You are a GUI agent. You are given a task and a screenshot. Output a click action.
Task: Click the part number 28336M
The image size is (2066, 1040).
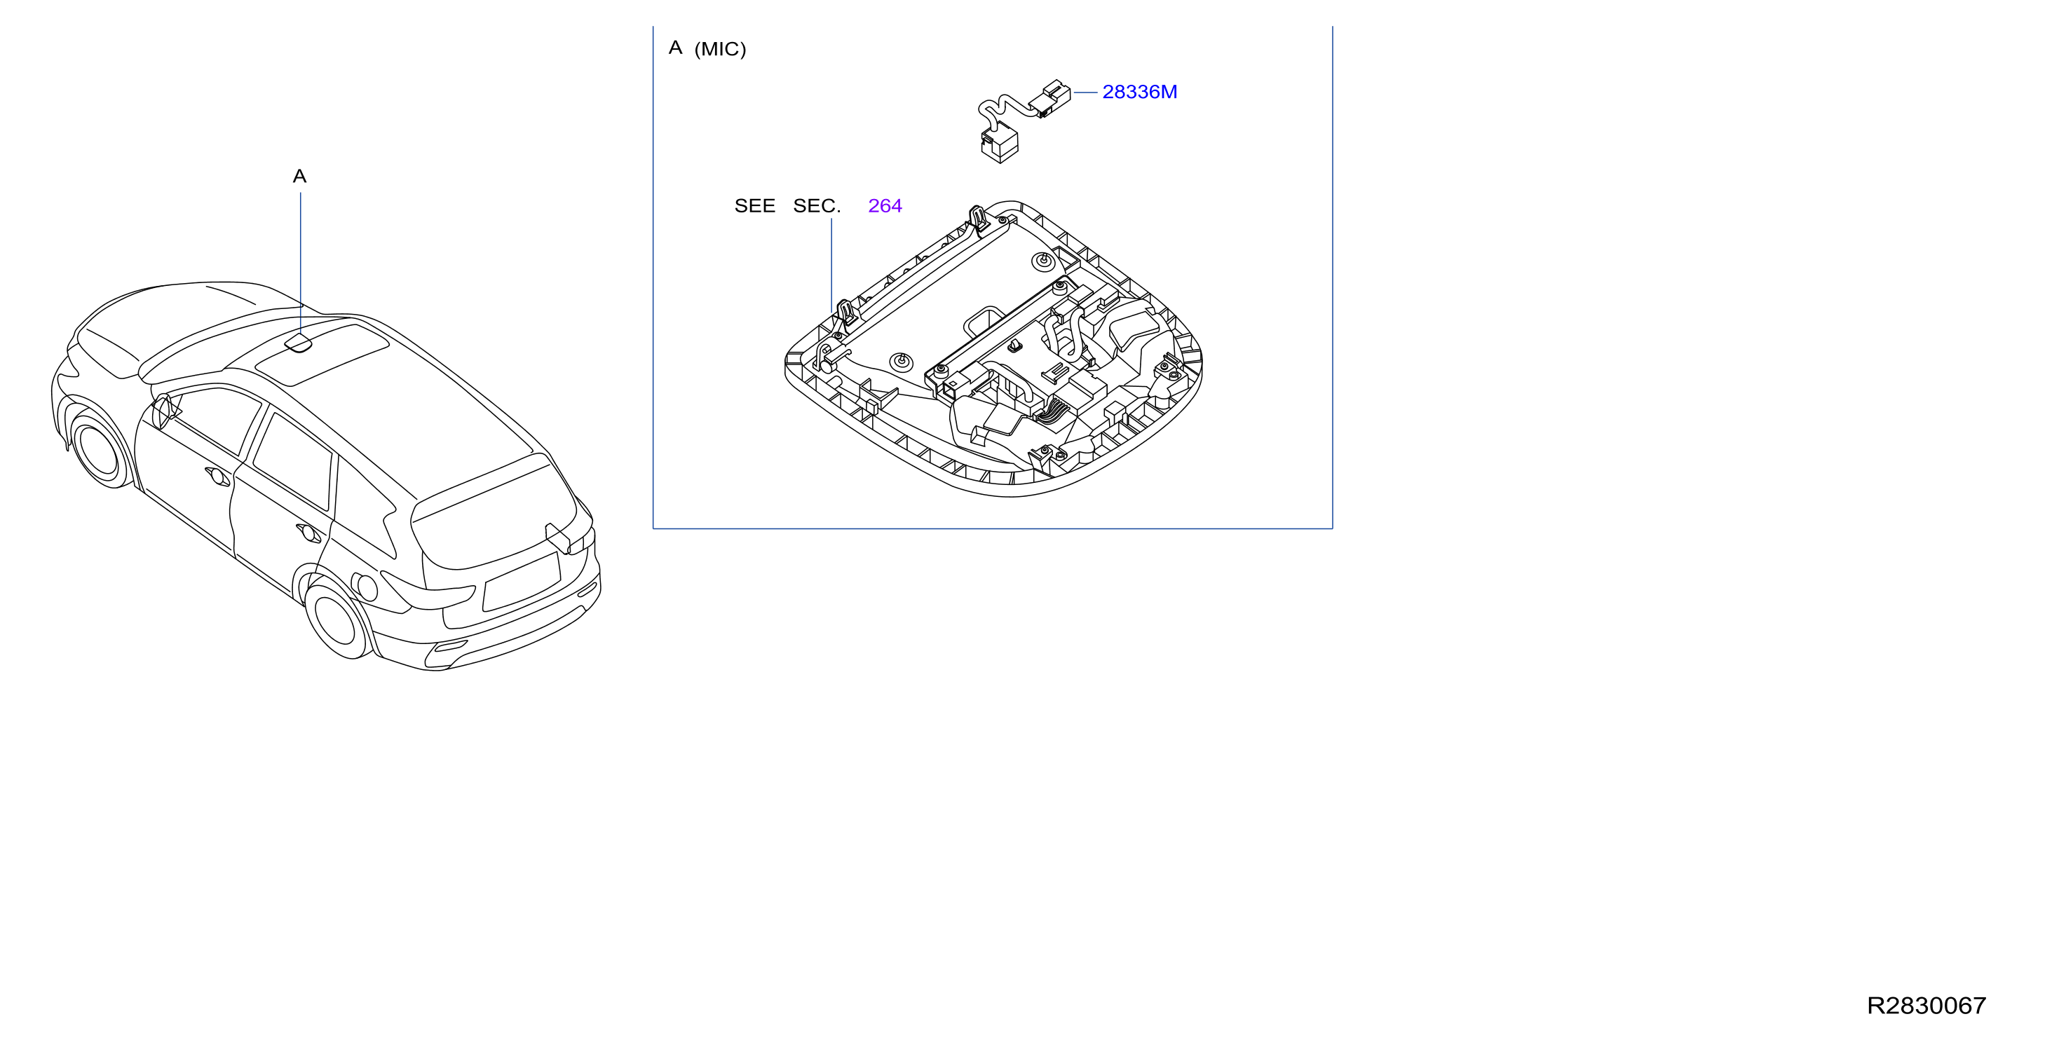1140,93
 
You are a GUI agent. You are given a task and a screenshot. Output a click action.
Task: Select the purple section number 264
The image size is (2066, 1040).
885,206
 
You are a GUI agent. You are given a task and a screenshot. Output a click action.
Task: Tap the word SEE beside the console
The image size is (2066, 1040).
755,206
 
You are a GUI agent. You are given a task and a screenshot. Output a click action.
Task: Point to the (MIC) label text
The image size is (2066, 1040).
720,50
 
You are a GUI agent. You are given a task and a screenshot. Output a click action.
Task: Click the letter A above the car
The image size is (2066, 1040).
300,177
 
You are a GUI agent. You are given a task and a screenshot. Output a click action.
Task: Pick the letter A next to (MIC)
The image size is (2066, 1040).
675,48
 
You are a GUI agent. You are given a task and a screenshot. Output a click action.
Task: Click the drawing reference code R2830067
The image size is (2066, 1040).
1926,1006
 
